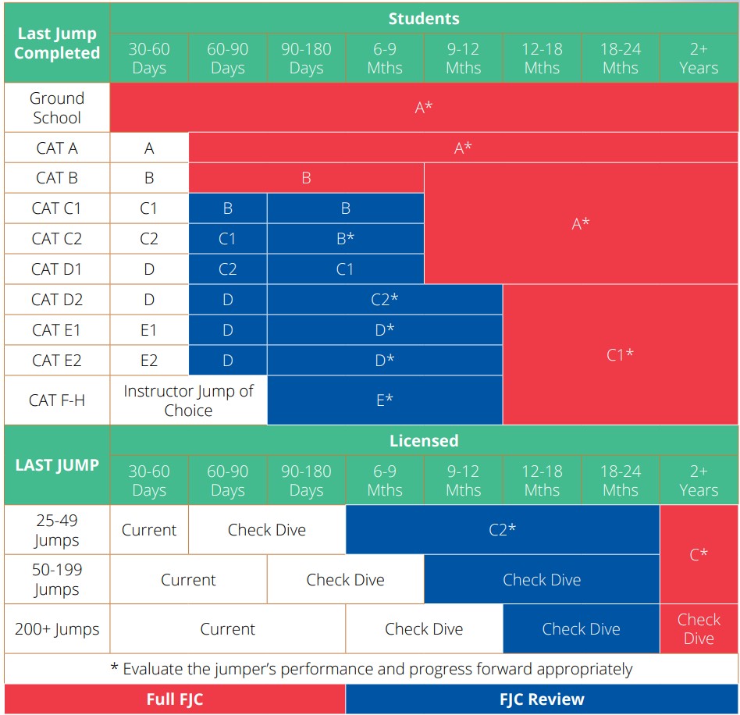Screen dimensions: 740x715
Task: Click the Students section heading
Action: (x=424, y=19)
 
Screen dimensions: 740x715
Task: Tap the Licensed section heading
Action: (x=424, y=441)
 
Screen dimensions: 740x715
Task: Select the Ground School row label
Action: (x=57, y=108)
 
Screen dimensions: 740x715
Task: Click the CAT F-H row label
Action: (x=57, y=400)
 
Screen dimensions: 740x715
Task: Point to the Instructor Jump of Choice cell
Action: (x=188, y=400)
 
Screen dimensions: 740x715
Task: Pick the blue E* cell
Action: (x=385, y=400)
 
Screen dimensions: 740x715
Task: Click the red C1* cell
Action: (x=620, y=354)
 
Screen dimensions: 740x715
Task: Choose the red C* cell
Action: (x=699, y=554)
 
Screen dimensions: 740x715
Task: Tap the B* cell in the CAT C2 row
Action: (x=346, y=238)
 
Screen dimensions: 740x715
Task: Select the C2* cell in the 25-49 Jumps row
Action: (x=503, y=529)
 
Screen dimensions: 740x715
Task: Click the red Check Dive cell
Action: (x=699, y=628)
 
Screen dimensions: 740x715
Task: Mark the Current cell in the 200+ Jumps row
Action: (x=227, y=628)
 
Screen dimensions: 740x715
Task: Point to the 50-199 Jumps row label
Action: (x=57, y=579)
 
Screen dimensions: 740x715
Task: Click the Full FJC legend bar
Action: (x=175, y=699)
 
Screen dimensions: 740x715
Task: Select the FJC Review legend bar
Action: (x=542, y=699)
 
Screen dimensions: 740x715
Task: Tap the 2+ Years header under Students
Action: (x=699, y=58)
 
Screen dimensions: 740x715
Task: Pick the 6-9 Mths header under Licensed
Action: (x=385, y=481)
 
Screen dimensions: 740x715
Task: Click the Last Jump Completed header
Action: (x=57, y=43)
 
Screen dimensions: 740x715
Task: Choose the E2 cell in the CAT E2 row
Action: (x=149, y=361)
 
